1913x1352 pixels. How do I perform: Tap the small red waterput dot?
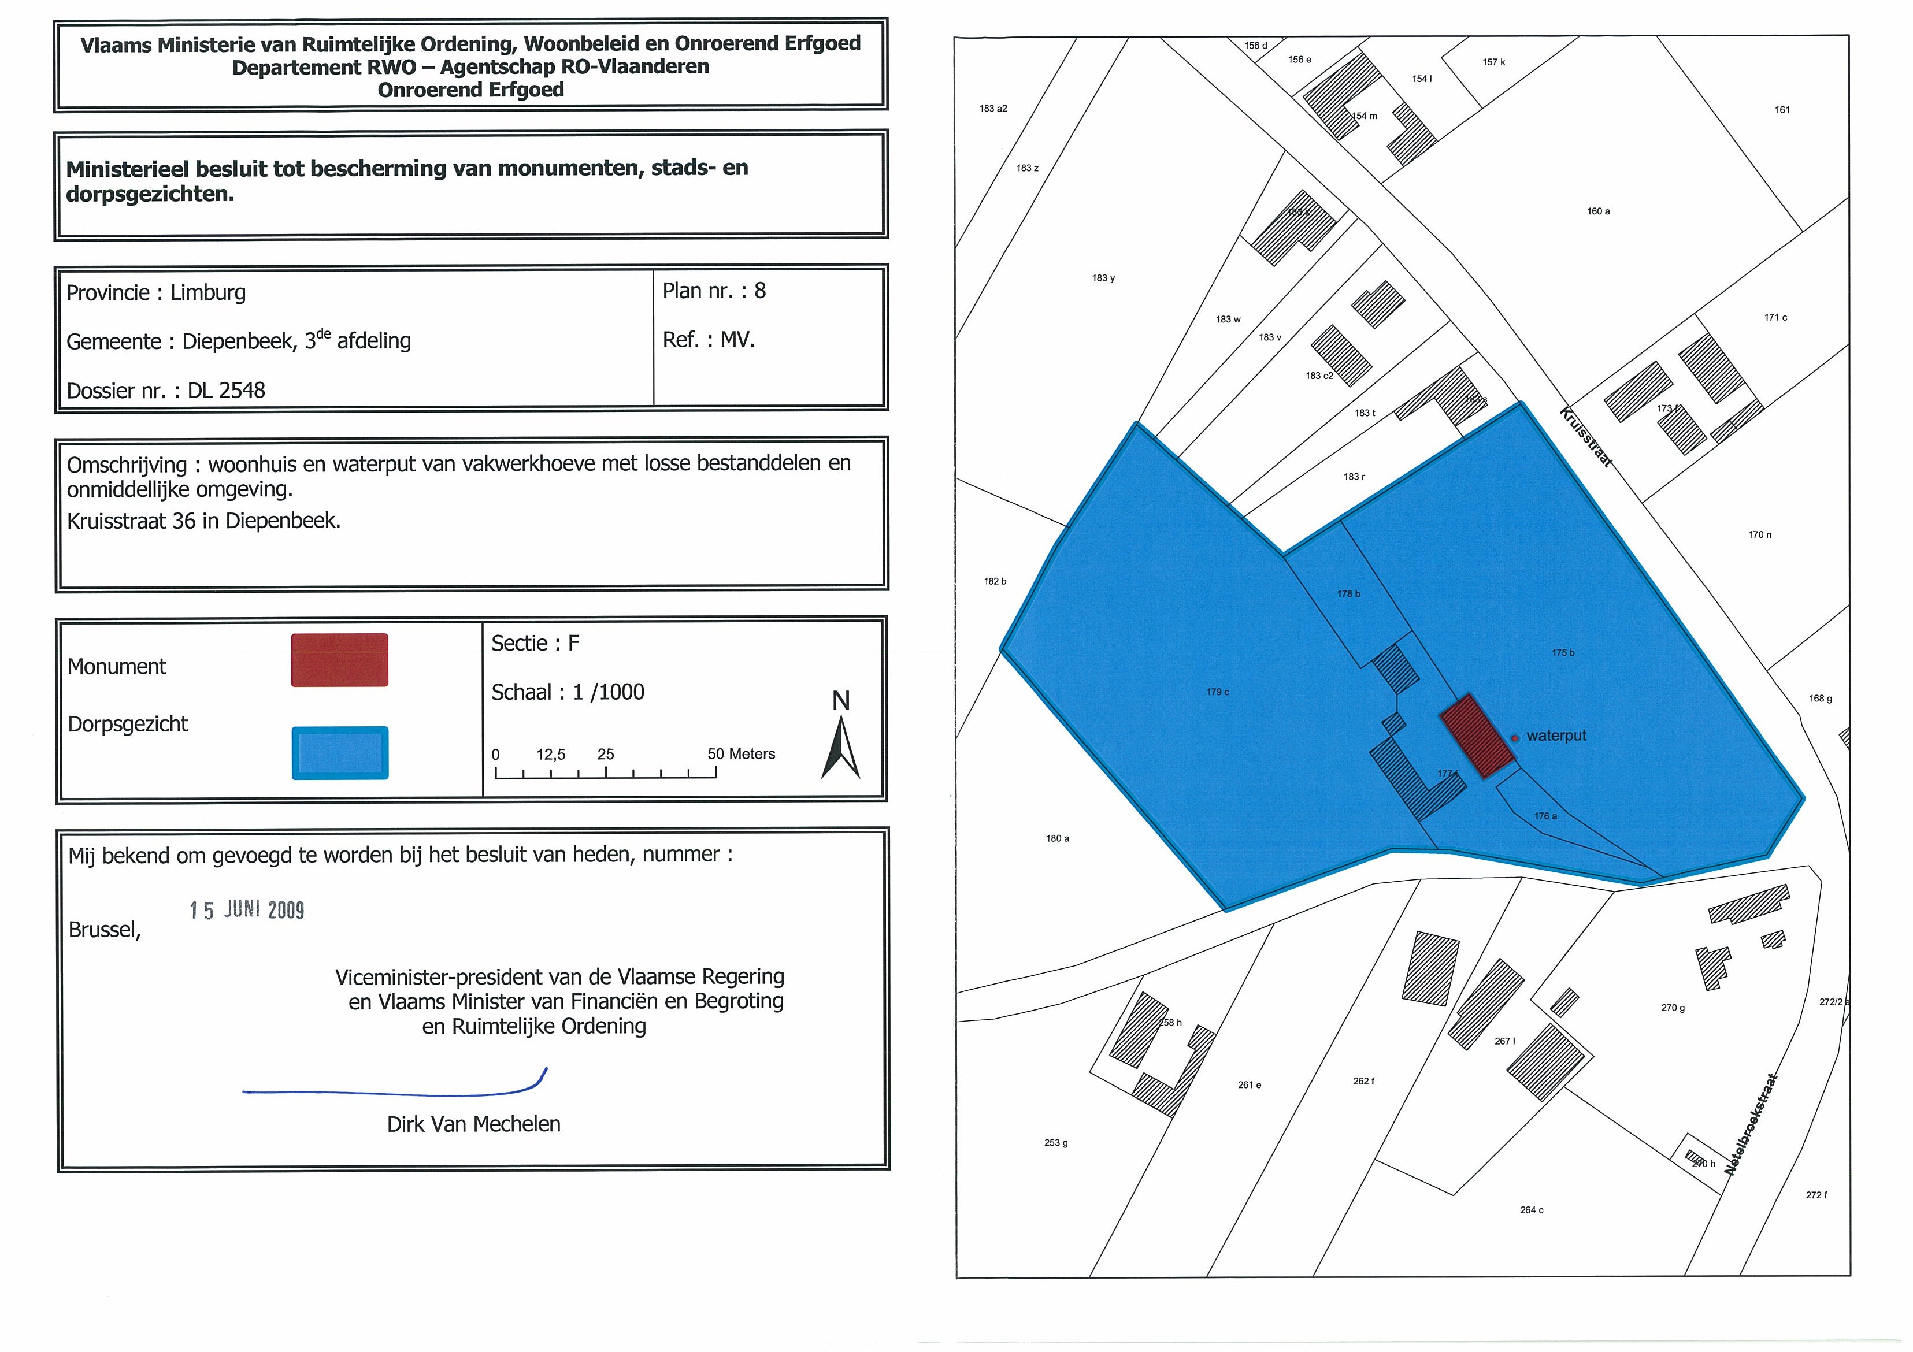coord(1515,737)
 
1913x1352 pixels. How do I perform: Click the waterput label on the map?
coord(1556,736)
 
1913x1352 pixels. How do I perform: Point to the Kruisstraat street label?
coord(1585,436)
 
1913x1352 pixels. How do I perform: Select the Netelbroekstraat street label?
coord(1751,1124)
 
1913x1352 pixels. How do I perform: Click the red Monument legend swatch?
coord(339,660)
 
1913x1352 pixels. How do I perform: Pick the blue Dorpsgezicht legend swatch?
coord(340,753)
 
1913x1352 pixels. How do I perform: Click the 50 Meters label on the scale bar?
coord(741,754)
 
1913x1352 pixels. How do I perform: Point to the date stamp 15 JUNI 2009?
coord(247,909)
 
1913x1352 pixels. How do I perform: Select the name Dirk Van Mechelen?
coord(473,1124)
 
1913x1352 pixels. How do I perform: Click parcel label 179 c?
coord(1217,692)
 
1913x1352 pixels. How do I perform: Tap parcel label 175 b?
coord(1563,653)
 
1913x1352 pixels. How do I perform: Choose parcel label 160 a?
coord(1598,211)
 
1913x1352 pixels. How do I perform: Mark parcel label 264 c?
coord(1532,1209)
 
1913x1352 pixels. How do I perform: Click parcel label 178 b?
coord(1348,594)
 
